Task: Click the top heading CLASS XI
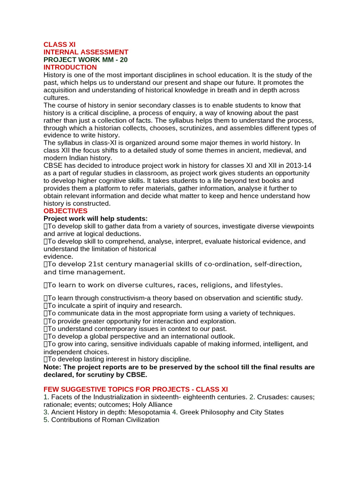tap(60, 45)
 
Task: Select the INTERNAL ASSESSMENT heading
tap(86, 52)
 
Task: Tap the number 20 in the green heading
tap(123, 60)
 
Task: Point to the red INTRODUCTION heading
tap(70, 67)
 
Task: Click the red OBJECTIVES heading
tap(66, 211)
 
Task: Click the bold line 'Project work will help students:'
tap(96, 218)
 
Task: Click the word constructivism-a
tap(120, 298)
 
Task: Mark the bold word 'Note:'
tap(52, 367)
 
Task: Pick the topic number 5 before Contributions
tap(46, 420)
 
